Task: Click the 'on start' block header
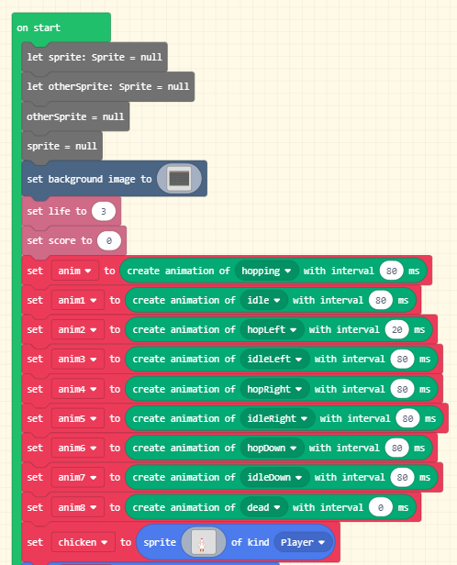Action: pos(39,28)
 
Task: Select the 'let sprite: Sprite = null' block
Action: pos(95,57)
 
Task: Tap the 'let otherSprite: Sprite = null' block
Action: pos(107,86)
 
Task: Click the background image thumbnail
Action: pos(179,179)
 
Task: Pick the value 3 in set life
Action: pos(104,211)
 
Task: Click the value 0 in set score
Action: pos(109,240)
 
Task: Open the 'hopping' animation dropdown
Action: pos(266,271)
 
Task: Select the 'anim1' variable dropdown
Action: pos(77,300)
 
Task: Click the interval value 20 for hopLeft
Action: pos(396,329)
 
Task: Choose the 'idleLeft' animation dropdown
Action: pos(274,360)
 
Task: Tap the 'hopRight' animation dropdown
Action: pos(274,389)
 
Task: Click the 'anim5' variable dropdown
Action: pos(77,418)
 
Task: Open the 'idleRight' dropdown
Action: pos(277,418)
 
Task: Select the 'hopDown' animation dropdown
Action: pos(272,449)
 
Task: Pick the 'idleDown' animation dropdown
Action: pos(274,478)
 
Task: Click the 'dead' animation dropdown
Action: pos(263,507)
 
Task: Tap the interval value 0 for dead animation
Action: pos(381,508)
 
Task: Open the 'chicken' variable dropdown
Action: pos(83,542)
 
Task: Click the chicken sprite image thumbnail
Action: pos(204,542)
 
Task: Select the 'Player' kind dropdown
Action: pos(303,542)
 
